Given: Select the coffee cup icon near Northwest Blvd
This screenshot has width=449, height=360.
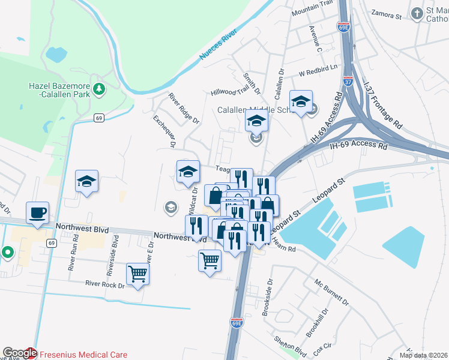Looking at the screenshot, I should pyautogui.click(x=37, y=212).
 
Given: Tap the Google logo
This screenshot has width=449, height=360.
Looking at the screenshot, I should pyautogui.click(x=19, y=353).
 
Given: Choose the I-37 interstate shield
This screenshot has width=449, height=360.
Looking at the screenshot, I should pyautogui.click(x=348, y=80).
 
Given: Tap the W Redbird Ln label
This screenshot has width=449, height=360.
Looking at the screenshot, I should pyautogui.click(x=318, y=71).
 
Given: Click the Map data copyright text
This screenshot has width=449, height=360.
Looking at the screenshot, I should pyautogui.click(x=420, y=355).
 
